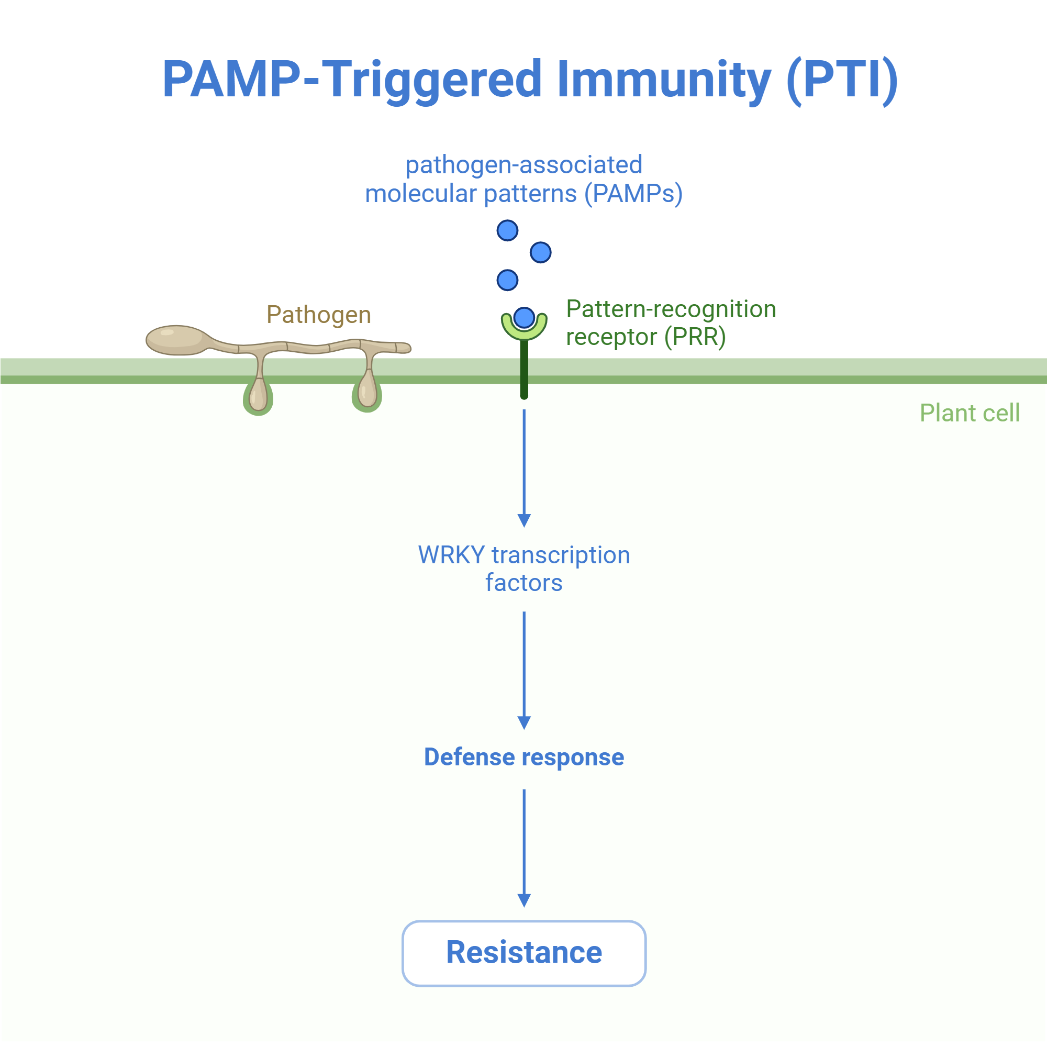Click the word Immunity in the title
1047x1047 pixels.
tap(663, 80)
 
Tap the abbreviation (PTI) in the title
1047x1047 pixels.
tap(842, 80)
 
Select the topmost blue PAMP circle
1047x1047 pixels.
tap(507, 230)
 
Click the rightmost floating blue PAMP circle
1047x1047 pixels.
tap(540, 252)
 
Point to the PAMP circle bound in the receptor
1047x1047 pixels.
tap(524, 318)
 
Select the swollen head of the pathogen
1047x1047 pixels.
tap(176, 340)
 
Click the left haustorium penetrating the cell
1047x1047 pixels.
tap(258, 395)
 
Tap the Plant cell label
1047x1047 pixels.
tap(970, 413)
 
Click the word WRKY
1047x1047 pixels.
tap(451, 555)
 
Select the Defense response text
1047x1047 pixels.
tap(524, 758)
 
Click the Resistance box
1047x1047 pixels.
tap(524, 953)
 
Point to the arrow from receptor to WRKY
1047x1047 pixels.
tap(524, 468)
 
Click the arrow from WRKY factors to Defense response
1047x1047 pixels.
tap(524, 671)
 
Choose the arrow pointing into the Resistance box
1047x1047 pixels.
tap(524, 849)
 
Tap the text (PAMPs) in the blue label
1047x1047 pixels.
tap(633, 194)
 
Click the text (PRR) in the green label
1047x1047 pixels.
tap(695, 337)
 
